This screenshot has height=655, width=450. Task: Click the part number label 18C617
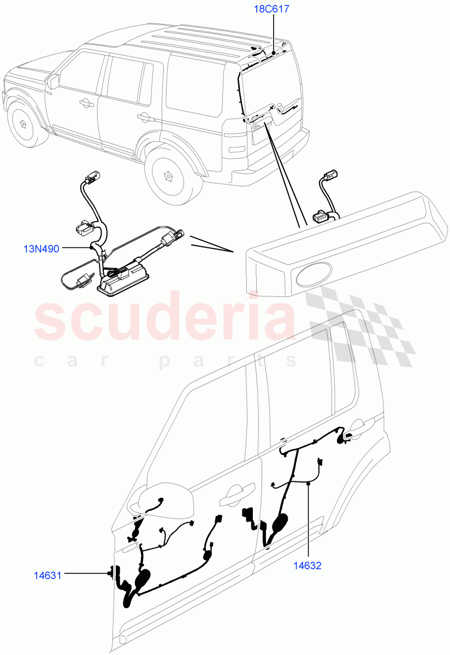coord(271,9)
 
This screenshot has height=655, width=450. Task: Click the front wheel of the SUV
coord(23,123)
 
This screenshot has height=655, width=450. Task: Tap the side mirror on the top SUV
coord(54,82)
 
